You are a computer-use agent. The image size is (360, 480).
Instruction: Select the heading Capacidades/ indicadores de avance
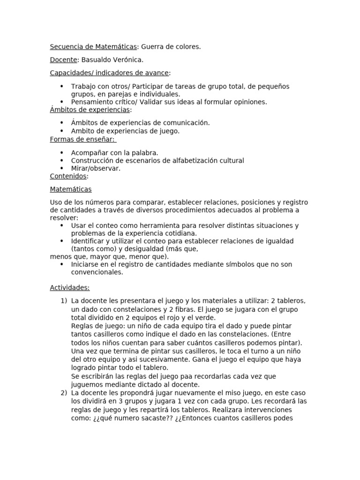pyautogui.click(x=110, y=73)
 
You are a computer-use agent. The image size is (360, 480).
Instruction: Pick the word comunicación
pyautogui.click(x=186, y=123)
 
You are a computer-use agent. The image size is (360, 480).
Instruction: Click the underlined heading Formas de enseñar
pyautogui.click(x=82, y=139)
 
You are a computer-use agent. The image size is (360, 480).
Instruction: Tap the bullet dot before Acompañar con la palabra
pyautogui.click(x=62, y=153)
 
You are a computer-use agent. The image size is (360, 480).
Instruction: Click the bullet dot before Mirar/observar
pyautogui.click(x=62, y=169)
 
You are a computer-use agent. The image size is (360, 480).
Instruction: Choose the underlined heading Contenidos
pyautogui.click(x=68, y=176)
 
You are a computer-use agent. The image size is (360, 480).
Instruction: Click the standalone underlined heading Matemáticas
pyautogui.click(x=71, y=189)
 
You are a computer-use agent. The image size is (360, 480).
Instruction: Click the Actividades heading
pyautogui.click(x=70, y=287)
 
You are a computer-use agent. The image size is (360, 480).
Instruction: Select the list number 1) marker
pyautogui.click(x=64, y=301)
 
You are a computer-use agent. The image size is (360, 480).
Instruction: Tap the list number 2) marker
pyautogui.click(x=64, y=393)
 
